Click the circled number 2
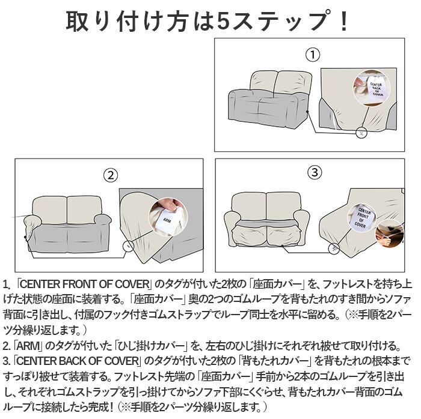(x=109, y=175)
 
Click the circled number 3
(x=315, y=173)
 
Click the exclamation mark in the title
(x=343, y=21)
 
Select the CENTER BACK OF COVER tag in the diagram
(x=378, y=85)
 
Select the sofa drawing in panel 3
(x=266, y=219)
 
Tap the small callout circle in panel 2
(x=128, y=246)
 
